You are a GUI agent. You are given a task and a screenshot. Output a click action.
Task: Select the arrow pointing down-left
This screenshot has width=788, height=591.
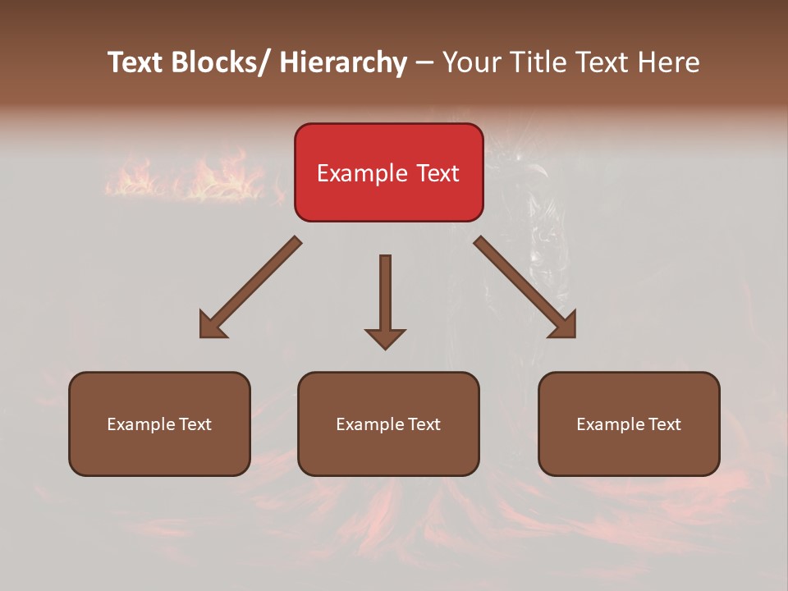(x=250, y=287)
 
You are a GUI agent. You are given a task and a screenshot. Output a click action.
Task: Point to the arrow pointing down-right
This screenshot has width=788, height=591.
(x=525, y=287)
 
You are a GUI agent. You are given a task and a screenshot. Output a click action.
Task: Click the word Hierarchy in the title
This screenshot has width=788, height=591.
(x=342, y=62)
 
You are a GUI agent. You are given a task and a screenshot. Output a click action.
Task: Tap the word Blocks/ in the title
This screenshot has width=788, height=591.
(x=215, y=62)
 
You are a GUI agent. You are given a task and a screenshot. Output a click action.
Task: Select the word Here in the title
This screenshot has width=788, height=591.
(x=669, y=62)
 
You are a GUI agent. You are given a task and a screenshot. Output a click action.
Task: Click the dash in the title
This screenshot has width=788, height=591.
(x=424, y=62)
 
